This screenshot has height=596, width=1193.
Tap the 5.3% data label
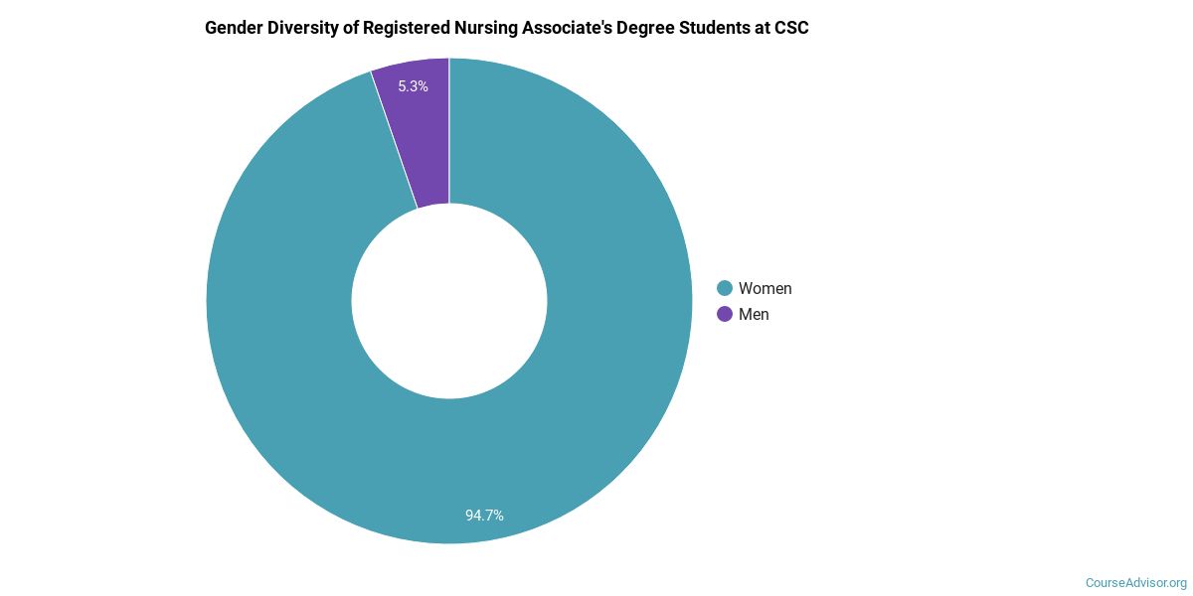(x=413, y=86)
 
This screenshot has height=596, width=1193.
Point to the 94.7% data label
(x=484, y=516)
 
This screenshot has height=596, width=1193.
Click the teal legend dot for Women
(x=725, y=288)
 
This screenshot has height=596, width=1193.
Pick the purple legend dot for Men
(x=725, y=314)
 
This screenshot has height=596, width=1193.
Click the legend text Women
(x=765, y=288)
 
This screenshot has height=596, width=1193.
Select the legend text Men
(x=754, y=314)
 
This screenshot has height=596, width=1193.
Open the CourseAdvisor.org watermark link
(x=1135, y=582)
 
